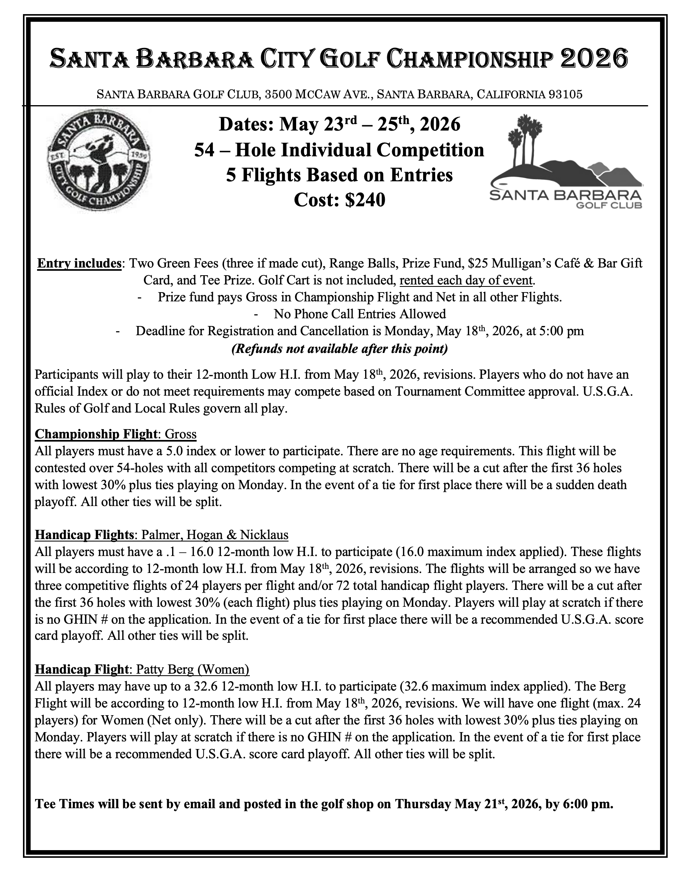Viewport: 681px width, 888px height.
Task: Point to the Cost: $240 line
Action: (x=339, y=200)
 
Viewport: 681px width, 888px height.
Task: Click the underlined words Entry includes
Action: (x=79, y=263)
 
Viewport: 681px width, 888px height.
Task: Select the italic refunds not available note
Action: (x=339, y=349)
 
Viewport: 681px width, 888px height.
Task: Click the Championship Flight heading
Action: (x=96, y=434)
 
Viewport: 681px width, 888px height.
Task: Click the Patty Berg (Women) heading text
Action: (x=193, y=669)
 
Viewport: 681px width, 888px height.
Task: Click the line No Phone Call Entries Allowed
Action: (x=359, y=314)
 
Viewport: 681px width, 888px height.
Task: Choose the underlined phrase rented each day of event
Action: (x=466, y=280)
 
